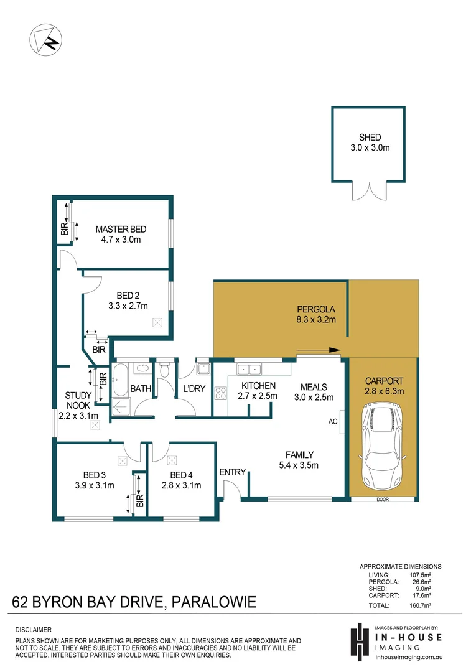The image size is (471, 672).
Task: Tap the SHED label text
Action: (x=370, y=138)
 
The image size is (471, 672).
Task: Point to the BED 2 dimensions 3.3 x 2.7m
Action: (x=128, y=306)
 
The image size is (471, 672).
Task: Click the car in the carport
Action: (x=381, y=446)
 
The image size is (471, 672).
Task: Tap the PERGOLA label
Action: (x=316, y=309)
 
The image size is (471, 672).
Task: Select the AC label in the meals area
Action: (x=332, y=421)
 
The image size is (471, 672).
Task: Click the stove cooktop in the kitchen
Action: (x=220, y=393)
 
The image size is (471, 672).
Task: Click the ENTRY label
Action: (x=233, y=472)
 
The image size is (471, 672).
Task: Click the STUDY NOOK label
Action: (x=78, y=399)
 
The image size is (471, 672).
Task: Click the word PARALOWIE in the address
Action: (x=213, y=602)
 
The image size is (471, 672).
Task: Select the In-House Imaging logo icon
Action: (x=358, y=638)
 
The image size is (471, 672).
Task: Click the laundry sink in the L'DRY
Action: (x=203, y=369)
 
